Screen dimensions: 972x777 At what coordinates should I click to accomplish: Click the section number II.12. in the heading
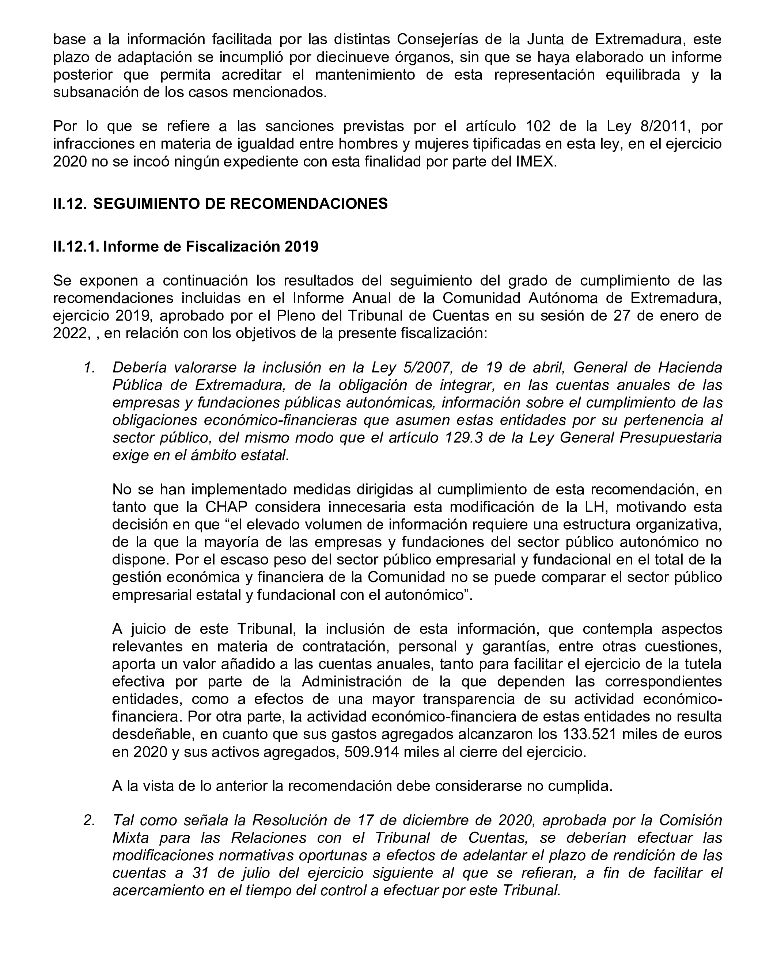pos(70,204)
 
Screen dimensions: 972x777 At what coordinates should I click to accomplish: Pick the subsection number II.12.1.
pos(76,246)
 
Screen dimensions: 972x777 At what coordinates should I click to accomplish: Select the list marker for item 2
pos(89,820)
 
